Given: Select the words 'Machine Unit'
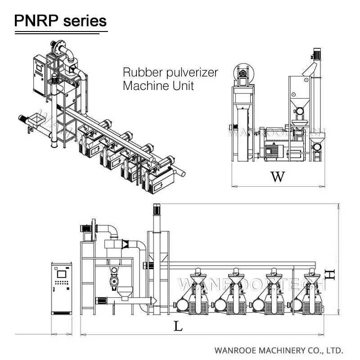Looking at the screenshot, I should [x=158, y=85].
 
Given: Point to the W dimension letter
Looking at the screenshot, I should [x=278, y=177].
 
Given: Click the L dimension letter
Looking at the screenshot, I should [x=179, y=326].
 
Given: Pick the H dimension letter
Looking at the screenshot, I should [x=331, y=274].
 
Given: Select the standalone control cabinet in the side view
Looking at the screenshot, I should [x=61, y=288].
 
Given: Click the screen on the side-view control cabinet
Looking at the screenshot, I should [x=61, y=274].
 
